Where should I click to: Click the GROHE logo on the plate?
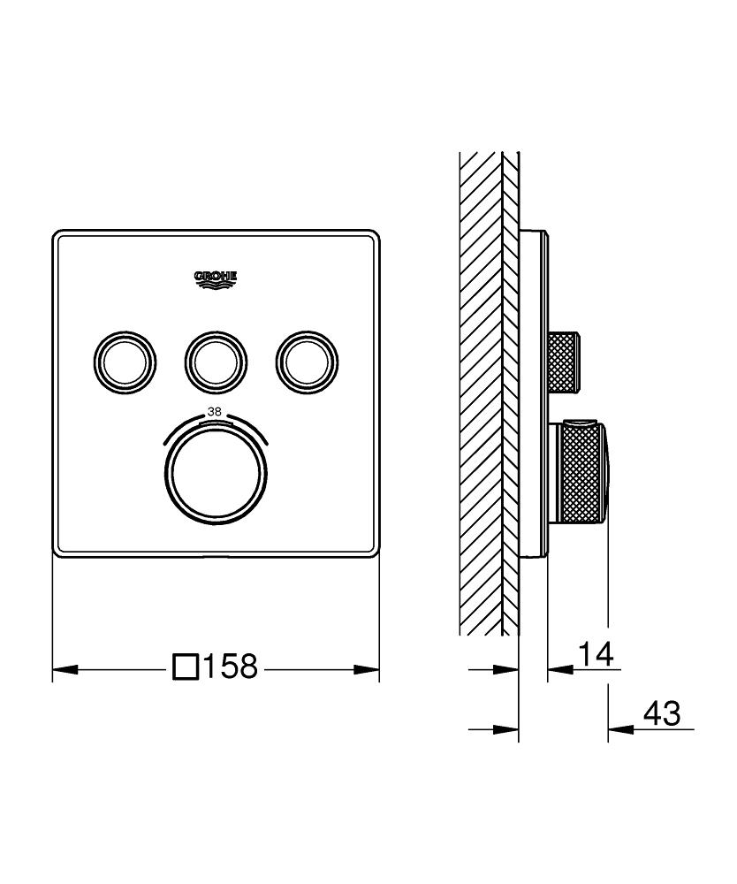[216, 280]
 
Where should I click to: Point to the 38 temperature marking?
[215, 411]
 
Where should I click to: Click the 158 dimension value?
[231, 667]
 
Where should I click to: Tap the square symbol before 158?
[186, 667]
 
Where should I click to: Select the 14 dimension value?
[595, 655]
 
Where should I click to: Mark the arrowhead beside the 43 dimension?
[618, 729]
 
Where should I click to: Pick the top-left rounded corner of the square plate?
[59, 237]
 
